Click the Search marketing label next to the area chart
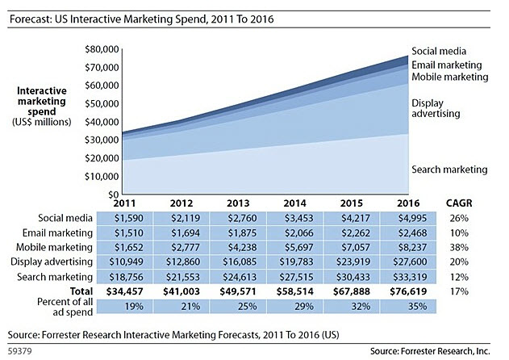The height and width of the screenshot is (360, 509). pos(449,170)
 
